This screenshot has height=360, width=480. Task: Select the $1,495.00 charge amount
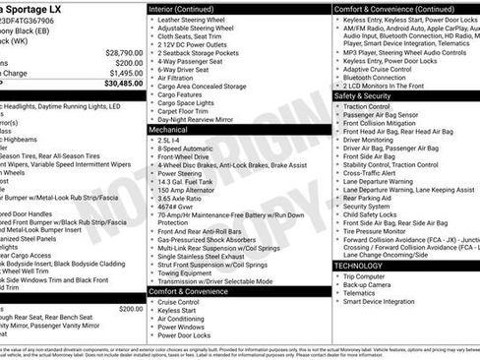(x=125, y=73)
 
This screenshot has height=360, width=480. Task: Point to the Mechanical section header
(x=169, y=129)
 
